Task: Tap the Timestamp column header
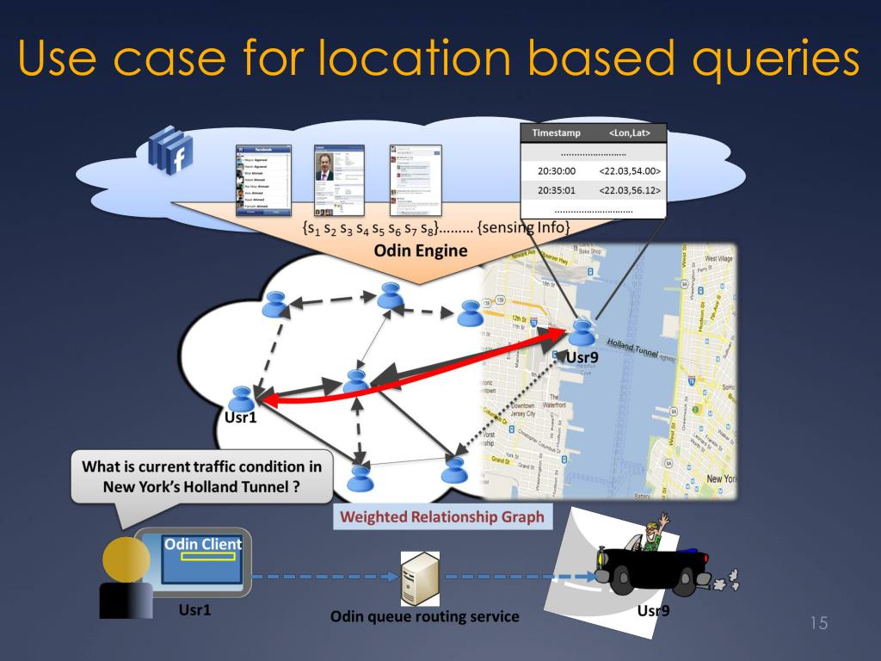pyautogui.click(x=557, y=133)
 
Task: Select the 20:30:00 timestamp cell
pyautogui.click(x=557, y=171)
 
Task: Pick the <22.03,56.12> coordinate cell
pyautogui.click(x=629, y=190)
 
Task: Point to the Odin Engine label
pyautogui.click(x=420, y=251)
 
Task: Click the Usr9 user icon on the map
pyautogui.click(x=582, y=331)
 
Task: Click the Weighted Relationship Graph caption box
pyautogui.click(x=442, y=517)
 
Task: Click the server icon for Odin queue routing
pyautogui.click(x=420, y=579)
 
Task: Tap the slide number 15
pyautogui.click(x=818, y=623)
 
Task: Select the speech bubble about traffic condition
pyautogui.click(x=201, y=476)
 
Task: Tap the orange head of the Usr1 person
pyautogui.click(x=126, y=560)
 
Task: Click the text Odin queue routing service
pyautogui.click(x=424, y=616)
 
